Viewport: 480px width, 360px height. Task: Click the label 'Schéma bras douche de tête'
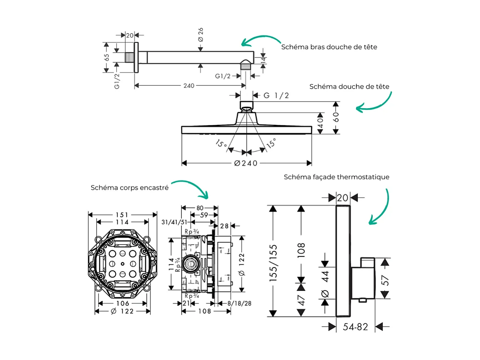coord(329,47)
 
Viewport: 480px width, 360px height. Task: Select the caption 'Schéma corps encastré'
coord(129,188)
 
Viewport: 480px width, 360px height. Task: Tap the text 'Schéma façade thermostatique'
coord(336,177)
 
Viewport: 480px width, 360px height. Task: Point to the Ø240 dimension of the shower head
coord(247,163)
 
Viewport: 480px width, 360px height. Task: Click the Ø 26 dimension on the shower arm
coord(200,34)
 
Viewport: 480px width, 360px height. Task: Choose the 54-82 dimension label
coord(356,327)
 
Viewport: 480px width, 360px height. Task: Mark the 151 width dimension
coord(121,215)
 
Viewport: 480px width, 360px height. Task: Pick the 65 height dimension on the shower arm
coord(107,57)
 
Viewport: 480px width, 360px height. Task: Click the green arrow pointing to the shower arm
coord(260,40)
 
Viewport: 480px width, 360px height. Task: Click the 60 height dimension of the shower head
coord(335,117)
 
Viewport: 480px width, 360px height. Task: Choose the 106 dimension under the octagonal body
coord(122,303)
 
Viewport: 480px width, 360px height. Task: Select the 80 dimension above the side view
coord(200,208)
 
